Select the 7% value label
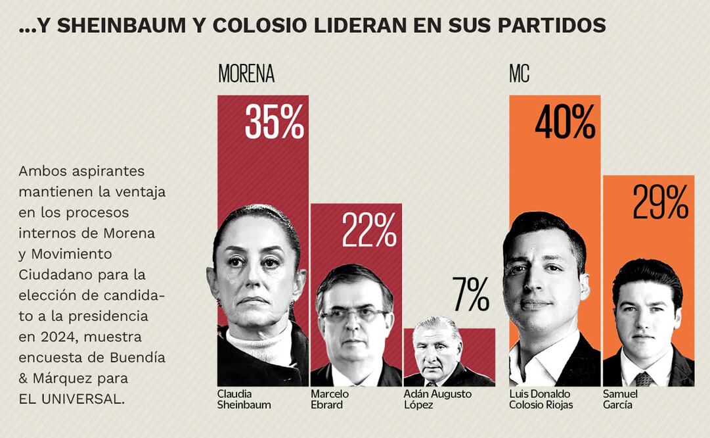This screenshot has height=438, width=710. pos(470,295)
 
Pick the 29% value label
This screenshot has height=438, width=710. pos(660,202)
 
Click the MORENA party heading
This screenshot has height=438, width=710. pos(246,74)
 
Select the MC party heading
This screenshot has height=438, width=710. pos(519,74)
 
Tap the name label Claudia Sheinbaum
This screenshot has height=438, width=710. pos(244,399)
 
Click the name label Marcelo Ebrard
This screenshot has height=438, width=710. pos(330,399)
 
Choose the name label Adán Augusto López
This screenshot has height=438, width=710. pos(437,399)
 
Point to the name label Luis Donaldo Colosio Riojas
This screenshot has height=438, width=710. pos(541,399)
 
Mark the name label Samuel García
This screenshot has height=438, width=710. pos(620,399)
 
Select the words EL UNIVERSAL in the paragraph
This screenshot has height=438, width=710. pos(70,399)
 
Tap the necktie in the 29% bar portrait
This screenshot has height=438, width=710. pos(644,379)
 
